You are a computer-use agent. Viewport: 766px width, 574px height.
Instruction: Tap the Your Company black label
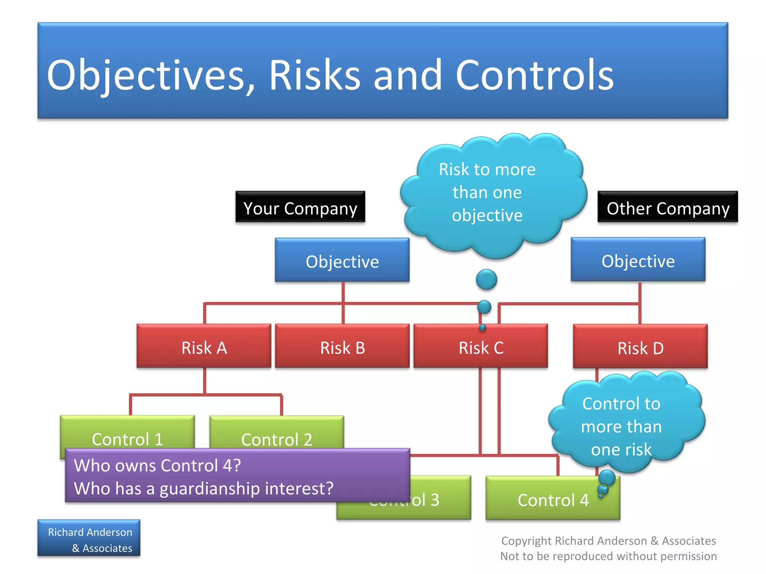point(300,208)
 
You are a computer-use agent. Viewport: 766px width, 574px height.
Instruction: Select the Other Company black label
point(668,208)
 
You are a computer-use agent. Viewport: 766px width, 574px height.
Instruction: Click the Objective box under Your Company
point(342,260)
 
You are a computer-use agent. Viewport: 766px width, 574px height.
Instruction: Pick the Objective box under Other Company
point(638,260)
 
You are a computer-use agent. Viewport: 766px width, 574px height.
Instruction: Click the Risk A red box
point(204,347)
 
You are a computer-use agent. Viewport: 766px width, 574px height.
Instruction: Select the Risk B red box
point(342,347)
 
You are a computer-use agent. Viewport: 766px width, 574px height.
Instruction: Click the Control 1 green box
point(127,433)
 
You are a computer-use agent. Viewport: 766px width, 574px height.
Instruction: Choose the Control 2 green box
point(276,433)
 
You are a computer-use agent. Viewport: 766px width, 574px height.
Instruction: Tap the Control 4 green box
point(553,499)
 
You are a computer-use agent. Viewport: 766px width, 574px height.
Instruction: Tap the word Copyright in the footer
point(526,541)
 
